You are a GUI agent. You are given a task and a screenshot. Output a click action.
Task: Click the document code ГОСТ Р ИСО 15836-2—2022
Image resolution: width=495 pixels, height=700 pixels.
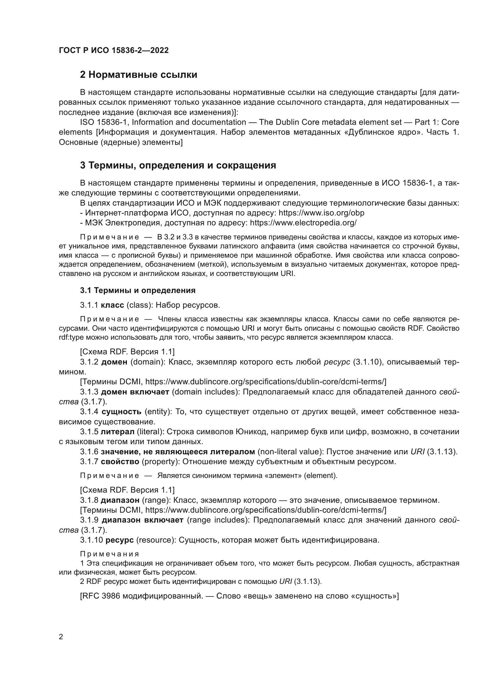[113, 50]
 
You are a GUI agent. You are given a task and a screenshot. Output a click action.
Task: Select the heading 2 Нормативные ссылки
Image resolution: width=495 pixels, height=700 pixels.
[138, 75]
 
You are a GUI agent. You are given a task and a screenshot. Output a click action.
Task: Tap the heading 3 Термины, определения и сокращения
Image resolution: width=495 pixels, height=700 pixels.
[178, 165]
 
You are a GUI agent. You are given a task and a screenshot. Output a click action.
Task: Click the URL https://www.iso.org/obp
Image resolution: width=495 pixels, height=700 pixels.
[321, 213]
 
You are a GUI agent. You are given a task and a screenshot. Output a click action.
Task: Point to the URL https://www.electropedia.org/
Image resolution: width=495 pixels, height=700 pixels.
[303, 223]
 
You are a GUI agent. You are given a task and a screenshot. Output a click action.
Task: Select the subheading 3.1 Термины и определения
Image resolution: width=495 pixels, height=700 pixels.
[138, 290]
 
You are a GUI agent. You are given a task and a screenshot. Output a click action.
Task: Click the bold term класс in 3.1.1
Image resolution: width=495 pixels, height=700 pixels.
[113, 305]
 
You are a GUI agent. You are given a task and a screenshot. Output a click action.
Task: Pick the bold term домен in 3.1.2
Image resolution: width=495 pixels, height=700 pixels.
[114, 362]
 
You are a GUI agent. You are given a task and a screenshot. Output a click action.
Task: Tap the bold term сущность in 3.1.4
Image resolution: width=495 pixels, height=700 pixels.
[121, 412]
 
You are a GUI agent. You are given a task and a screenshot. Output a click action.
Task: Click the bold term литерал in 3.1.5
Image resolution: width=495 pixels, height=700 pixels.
[118, 432]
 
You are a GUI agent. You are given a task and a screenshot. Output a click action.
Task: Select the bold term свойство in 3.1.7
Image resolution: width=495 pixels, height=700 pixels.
[120, 461]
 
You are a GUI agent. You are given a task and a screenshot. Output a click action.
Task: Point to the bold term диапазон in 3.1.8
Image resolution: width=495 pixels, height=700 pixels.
[120, 500]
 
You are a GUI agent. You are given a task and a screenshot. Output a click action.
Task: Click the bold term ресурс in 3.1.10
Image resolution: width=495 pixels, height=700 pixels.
[119, 540]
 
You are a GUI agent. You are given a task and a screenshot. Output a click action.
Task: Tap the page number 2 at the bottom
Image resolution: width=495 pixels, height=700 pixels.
[61, 637]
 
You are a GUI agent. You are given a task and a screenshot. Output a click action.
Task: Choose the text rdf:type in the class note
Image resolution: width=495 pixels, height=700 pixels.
[69, 338]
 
